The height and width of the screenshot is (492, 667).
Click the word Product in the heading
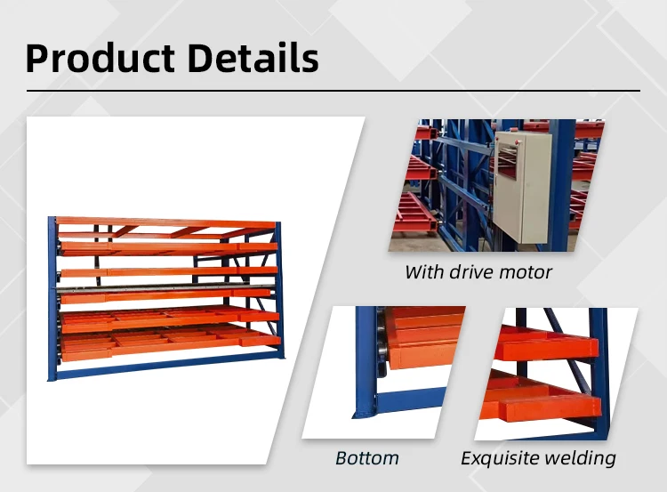(x=99, y=58)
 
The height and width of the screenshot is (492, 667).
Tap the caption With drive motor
(x=478, y=271)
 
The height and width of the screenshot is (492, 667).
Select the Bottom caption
(x=367, y=458)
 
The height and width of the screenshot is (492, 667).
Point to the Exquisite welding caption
(x=538, y=458)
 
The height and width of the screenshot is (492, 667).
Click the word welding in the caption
(x=578, y=458)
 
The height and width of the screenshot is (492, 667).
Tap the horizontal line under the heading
(x=333, y=90)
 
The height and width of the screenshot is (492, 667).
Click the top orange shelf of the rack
(x=165, y=223)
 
